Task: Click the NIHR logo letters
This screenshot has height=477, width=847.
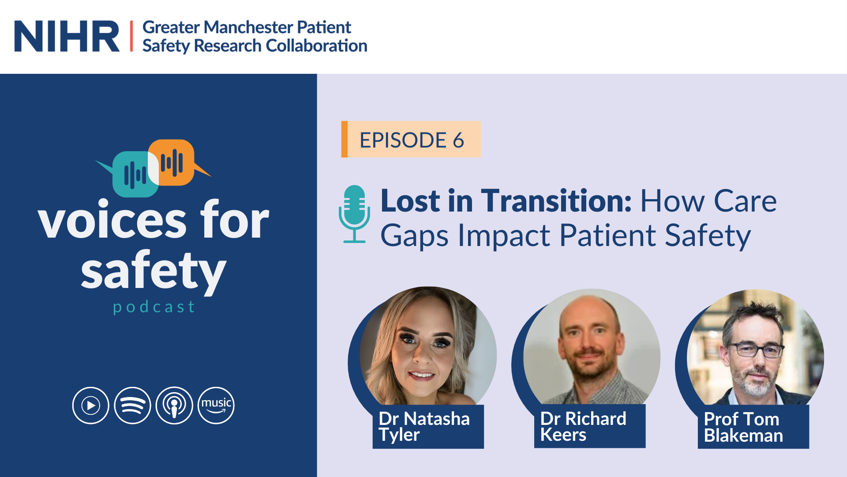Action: [x=67, y=36]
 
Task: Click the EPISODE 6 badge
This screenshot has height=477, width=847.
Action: [x=411, y=140]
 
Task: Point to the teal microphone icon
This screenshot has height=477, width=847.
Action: [x=354, y=214]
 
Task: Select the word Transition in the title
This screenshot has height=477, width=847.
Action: [x=557, y=201]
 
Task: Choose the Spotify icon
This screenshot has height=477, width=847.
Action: [x=132, y=405]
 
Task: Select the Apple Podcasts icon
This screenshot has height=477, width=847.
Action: [x=174, y=405]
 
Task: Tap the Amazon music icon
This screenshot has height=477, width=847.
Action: [x=216, y=405]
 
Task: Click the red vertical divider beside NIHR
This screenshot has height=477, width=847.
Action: [x=131, y=36]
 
